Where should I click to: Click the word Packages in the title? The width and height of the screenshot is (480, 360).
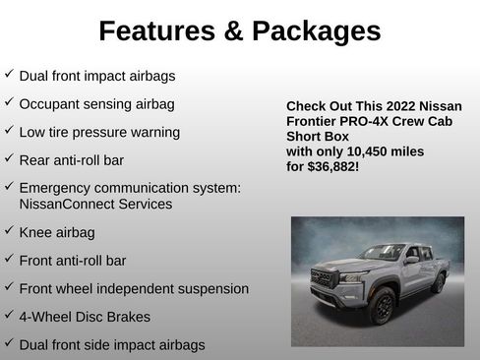pyautogui.click(x=316, y=31)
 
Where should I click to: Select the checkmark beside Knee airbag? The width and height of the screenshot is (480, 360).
pyautogui.click(x=9, y=231)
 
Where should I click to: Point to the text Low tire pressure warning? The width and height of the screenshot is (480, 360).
pyautogui.click(x=99, y=132)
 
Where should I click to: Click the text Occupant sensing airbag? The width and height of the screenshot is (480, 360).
pyautogui.click(x=96, y=103)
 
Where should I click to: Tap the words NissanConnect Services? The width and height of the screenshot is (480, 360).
pyautogui.click(x=95, y=204)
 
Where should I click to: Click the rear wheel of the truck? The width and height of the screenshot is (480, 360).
pyautogui.click(x=438, y=283)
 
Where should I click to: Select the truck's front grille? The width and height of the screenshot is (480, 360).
pyautogui.click(x=323, y=280)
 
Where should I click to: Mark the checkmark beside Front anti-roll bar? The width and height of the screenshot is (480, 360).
pyautogui.click(x=9, y=260)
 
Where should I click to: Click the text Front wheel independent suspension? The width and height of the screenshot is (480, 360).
pyautogui.click(x=134, y=288)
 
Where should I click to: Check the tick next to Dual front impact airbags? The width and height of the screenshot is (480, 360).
pyautogui.click(x=9, y=74)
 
